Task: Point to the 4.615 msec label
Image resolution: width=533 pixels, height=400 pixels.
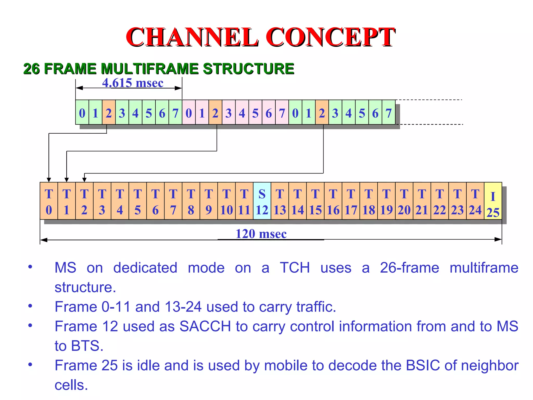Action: click(x=133, y=83)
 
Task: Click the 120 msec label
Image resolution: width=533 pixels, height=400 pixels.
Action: click(x=261, y=234)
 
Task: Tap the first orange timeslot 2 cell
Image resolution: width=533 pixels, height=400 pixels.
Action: click(x=109, y=113)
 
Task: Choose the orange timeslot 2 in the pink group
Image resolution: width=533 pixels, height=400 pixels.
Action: click(x=215, y=113)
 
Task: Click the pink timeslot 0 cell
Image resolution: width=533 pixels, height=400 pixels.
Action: click(x=189, y=113)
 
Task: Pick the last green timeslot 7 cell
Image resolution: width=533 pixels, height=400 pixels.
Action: click(x=388, y=113)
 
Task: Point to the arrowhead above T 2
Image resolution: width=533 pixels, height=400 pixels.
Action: click(x=84, y=180)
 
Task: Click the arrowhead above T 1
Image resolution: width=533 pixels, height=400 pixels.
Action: click(x=67, y=180)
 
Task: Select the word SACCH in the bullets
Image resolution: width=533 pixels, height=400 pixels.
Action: click(x=205, y=326)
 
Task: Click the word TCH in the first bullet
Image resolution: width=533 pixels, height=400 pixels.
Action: click(x=295, y=268)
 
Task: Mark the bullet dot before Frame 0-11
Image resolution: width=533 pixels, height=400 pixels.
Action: click(x=30, y=306)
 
